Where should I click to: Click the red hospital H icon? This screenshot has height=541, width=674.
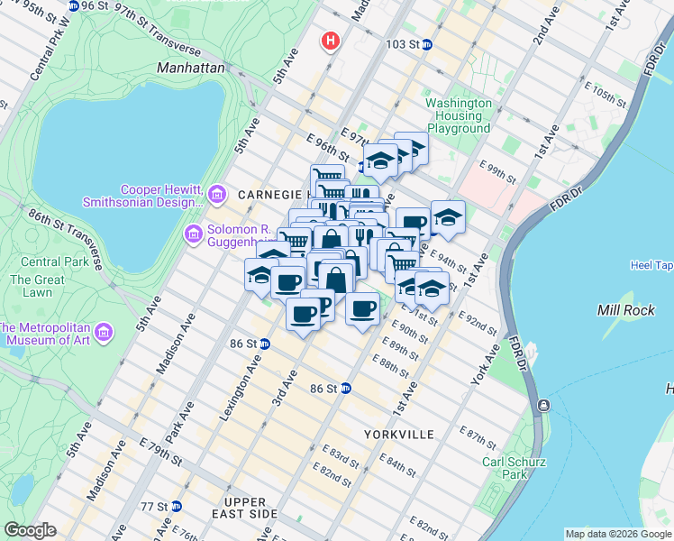click(x=332, y=41)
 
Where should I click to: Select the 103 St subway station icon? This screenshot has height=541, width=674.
click(x=427, y=44)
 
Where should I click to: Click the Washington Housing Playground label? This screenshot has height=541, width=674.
click(x=459, y=115)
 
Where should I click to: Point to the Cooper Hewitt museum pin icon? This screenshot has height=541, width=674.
click(x=216, y=195)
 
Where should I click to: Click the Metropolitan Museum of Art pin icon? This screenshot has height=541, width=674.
click(x=103, y=334)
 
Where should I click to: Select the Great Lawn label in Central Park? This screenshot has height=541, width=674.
click(x=37, y=286)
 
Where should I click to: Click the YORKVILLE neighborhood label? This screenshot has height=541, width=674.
click(x=399, y=435)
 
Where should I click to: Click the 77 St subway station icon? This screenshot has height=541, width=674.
click(x=177, y=506)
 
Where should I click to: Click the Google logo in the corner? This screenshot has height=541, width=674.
click(x=30, y=530)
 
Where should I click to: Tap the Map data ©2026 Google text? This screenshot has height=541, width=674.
click(x=617, y=534)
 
